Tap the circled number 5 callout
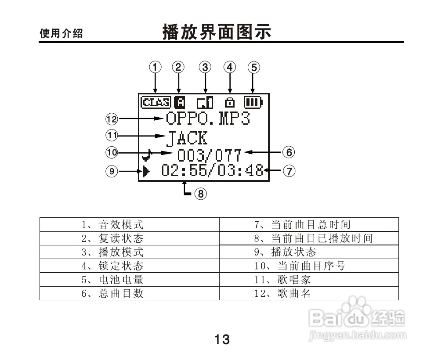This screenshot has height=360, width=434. (253, 67)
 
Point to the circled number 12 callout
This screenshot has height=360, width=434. (112, 118)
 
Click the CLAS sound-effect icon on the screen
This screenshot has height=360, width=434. (156, 103)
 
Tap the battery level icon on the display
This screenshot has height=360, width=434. (253, 103)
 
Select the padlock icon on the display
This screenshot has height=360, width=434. (229, 103)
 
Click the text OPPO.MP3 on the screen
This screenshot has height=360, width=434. (208, 119)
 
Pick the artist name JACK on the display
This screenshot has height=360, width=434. (187, 138)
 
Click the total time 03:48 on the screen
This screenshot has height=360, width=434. (242, 170)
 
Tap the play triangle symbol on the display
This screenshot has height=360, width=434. (146, 171)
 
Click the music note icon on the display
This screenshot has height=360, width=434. (147, 155)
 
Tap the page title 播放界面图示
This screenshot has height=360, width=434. (217, 32)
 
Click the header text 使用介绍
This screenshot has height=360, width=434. (61, 34)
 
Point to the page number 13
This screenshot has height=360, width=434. (222, 339)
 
